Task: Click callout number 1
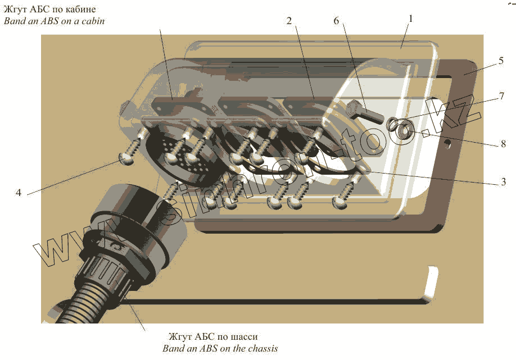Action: click(x=411, y=19)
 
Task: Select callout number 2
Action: click(x=289, y=21)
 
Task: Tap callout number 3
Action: click(x=504, y=181)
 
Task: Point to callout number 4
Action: click(x=19, y=193)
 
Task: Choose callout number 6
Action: click(x=336, y=21)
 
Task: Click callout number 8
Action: click(x=503, y=144)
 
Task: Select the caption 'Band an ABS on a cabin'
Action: click(x=55, y=22)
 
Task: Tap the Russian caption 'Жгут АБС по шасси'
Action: click(x=213, y=337)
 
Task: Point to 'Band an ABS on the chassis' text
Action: click(x=220, y=349)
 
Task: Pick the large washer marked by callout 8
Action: click(x=404, y=133)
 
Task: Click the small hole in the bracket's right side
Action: click(x=447, y=144)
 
